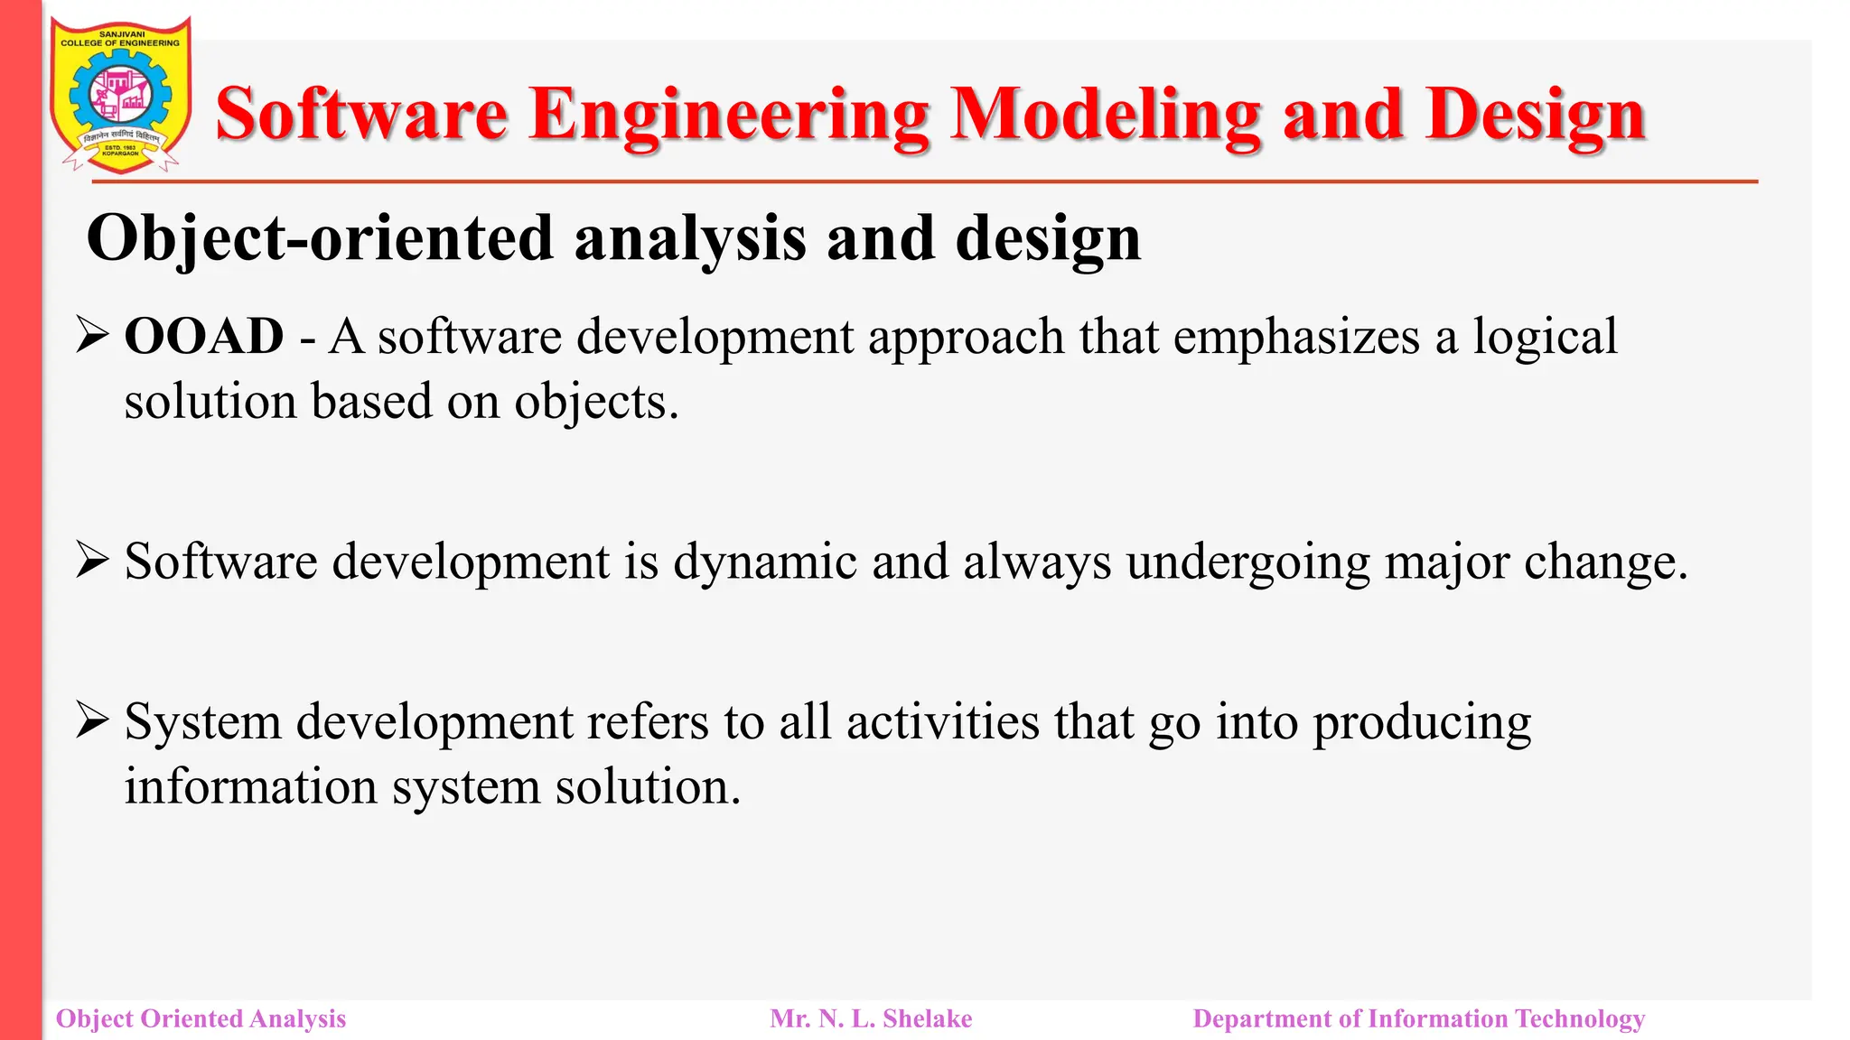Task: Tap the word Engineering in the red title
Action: (x=728, y=115)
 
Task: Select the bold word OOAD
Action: (x=204, y=337)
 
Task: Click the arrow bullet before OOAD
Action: (x=92, y=336)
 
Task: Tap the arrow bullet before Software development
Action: (x=92, y=561)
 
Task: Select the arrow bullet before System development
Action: (x=92, y=721)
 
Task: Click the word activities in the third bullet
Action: (x=942, y=722)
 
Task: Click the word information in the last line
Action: (x=250, y=786)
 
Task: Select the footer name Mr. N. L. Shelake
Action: (x=871, y=1018)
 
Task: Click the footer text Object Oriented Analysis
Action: (x=201, y=1018)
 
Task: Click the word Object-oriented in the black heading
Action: (x=319, y=238)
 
